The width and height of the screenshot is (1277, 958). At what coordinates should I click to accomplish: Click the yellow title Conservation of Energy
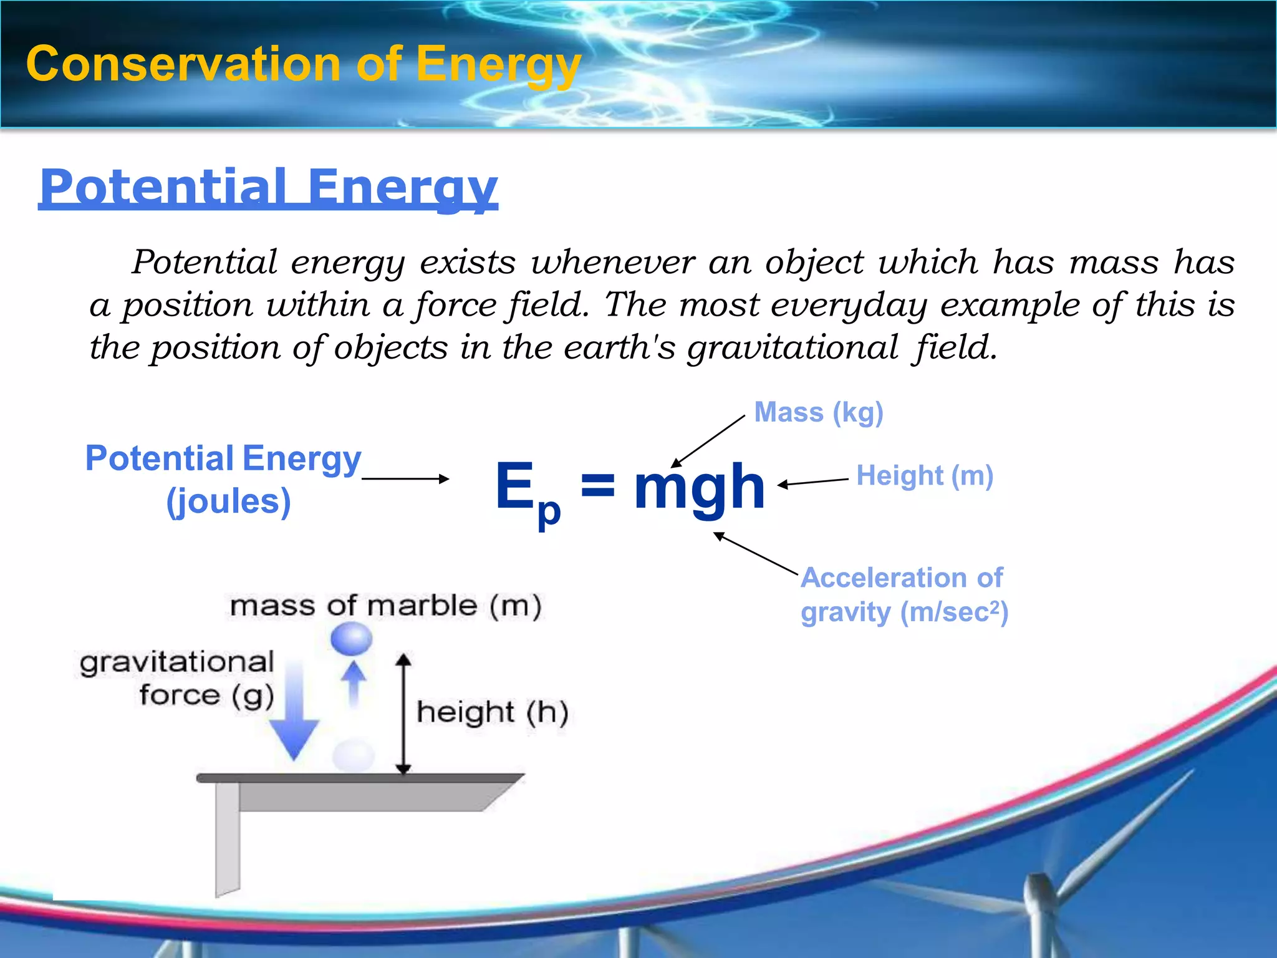(303, 64)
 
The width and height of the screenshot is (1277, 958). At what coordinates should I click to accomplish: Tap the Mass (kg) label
(818, 413)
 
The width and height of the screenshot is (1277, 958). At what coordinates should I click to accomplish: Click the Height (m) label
(924, 476)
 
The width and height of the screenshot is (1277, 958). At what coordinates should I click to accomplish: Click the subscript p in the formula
(549, 512)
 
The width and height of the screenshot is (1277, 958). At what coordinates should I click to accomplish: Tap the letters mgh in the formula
(699, 487)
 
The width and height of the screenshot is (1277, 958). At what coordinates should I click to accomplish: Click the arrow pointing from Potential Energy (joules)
(405, 478)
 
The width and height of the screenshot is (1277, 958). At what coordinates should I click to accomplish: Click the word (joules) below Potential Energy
(228, 501)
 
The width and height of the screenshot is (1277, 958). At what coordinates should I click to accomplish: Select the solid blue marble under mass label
(351, 639)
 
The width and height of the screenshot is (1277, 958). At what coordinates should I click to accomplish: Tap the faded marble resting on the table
(354, 755)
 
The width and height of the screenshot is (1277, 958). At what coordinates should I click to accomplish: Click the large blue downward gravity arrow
(294, 717)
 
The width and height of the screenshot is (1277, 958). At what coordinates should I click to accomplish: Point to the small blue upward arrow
(354, 683)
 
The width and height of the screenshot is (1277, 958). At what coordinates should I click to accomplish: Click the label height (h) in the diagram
(492, 712)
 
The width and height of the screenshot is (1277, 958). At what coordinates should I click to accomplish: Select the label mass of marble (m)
(385, 606)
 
